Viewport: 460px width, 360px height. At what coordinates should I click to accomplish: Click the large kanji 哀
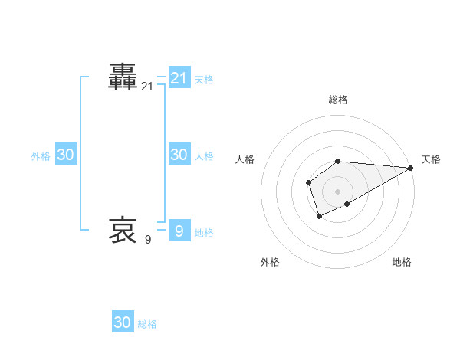[x=123, y=229]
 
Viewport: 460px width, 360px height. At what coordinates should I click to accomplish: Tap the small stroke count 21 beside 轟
[x=147, y=87]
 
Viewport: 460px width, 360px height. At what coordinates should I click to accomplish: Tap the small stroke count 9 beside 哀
[x=148, y=240]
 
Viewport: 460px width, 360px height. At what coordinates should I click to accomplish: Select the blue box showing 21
[x=179, y=77]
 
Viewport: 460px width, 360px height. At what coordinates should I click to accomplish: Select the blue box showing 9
[x=179, y=230]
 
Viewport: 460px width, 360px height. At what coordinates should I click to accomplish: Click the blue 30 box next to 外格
[x=66, y=154]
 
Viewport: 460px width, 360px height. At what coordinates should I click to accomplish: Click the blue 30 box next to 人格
[x=179, y=154]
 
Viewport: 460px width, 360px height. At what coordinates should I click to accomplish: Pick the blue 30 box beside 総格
[x=123, y=322]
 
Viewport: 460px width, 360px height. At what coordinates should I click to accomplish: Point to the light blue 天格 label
[x=204, y=79]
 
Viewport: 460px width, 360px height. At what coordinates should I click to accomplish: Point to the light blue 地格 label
[x=204, y=233]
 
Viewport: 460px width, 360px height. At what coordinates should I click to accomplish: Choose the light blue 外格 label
[x=41, y=156]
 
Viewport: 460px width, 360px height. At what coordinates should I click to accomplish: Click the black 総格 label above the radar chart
[x=338, y=100]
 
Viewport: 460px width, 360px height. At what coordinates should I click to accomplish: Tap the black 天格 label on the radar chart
[x=431, y=159]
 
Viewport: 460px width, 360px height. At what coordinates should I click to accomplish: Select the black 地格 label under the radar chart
[x=402, y=262]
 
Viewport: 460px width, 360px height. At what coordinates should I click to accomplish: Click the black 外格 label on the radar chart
[x=270, y=262]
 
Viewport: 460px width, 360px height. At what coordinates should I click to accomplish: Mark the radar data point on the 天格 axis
[x=411, y=167]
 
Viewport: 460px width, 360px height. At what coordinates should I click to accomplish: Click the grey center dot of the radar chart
[x=338, y=191]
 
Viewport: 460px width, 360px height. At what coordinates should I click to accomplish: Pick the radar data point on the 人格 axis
[x=308, y=182]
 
